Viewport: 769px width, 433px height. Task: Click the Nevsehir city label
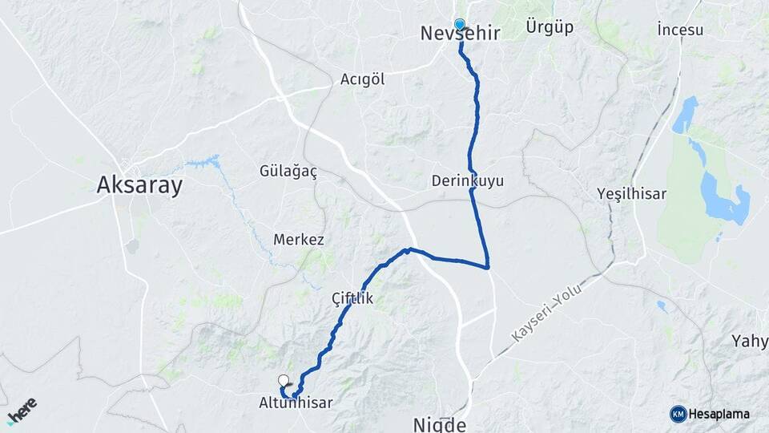pyautogui.click(x=460, y=34)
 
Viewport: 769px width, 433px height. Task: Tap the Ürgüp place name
pyautogui.click(x=550, y=27)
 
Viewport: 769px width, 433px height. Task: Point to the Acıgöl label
pyautogui.click(x=363, y=79)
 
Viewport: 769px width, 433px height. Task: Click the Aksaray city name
pyautogui.click(x=139, y=186)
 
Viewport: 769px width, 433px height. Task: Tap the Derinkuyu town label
pyautogui.click(x=467, y=180)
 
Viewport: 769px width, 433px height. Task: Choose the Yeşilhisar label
pyautogui.click(x=631, y=194)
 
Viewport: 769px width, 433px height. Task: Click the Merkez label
pyautogui.click(x=299, y=240)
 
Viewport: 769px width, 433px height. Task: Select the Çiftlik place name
pyautogui.click(x=352, y=298)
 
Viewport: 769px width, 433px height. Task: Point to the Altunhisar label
pyautogui.click(x=296, y=403)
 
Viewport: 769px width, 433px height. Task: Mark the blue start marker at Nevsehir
pyautogui.click(x=460, y=24)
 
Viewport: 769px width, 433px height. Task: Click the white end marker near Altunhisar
pyautogui.click(x=284, y=381)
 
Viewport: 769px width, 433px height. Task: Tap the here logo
pyautogui.click(x=22, y=410)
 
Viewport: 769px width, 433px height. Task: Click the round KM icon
pyautogui.click(x=678, y=414)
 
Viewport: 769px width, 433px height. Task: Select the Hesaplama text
pyautogui.click(x=719, y=414)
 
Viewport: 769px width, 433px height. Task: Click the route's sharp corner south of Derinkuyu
pyautogui.click(x=488, y=266)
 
